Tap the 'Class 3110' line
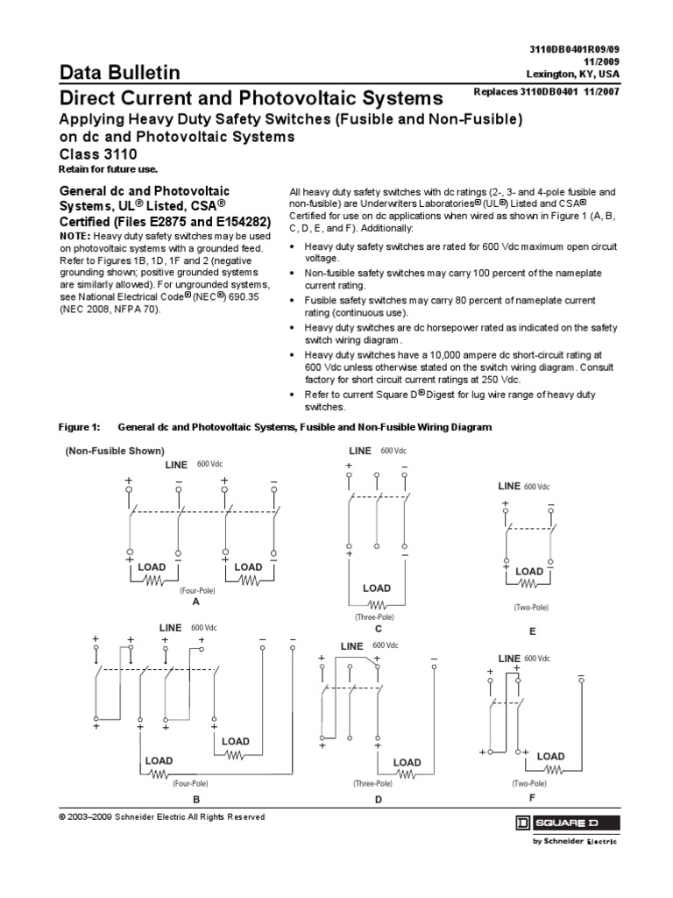100,153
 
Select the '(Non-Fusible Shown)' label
114,450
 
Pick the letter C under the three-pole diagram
378,629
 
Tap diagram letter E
531,631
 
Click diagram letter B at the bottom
196,800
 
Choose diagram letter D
379,800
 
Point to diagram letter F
531,799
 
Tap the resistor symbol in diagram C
379,604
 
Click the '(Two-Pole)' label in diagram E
531,607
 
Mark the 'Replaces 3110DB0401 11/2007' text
545,91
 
